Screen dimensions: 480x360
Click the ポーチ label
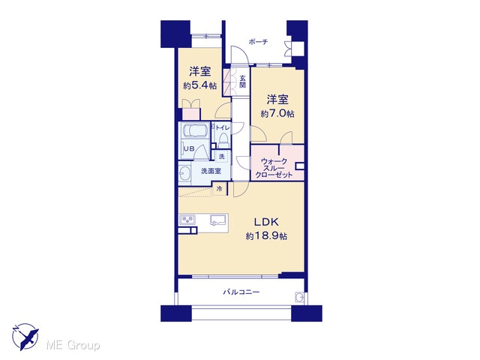[258, 42]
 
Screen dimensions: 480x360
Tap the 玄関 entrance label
[242, 81]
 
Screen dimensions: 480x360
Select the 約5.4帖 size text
[200, 85]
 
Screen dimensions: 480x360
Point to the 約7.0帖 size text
[277, 114]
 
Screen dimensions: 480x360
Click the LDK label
[266, 222]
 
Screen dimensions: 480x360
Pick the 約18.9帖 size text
[266, 236]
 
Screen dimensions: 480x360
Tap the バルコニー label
[241, 292]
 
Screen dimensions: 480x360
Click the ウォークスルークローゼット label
[274, 168]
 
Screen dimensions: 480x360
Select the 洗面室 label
[211, 171]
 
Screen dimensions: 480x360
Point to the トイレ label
[223, 127]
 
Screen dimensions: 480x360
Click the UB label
[189, 148]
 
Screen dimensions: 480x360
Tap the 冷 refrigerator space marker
[220, 188]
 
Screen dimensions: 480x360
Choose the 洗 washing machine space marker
[222, 157]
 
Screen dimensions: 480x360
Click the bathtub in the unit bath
[194, 131]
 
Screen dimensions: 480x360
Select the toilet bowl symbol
[224, 139]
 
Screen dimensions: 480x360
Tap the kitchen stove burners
[187, 220]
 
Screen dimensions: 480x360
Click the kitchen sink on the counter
[218, 220]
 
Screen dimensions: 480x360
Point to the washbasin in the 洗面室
[184, 174]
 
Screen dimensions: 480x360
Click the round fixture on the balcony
[299, 297]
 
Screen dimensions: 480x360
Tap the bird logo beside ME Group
[25, 337]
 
